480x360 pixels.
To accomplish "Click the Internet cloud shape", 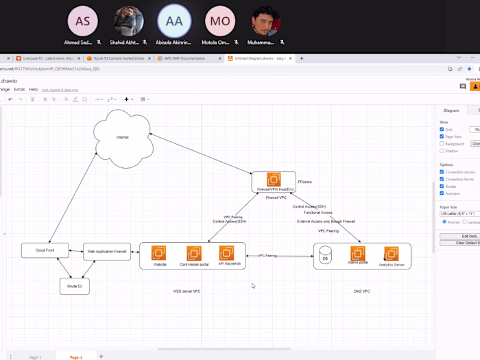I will pos(121,138).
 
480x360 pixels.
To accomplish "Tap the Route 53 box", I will pos(74,285).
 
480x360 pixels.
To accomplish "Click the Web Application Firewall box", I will pos(106,251).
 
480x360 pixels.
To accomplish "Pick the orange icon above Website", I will pos(160,253).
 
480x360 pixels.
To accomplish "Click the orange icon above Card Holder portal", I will pos(194,253).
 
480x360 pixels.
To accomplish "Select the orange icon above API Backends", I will pos(227,253).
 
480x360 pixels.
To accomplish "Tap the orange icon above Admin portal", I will pos(357,253).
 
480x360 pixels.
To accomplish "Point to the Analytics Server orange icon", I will pos(392,254).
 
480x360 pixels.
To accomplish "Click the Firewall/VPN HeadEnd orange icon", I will pos(274,180).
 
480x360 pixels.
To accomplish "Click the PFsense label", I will pos(306,182).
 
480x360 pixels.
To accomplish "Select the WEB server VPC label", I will pos(187,291).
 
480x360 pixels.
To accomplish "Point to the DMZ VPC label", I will pos(362,291).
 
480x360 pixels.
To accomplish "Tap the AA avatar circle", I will pos(174,21).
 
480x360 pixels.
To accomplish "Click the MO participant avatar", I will pos(220,21).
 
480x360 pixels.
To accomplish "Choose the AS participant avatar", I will pos(82,21).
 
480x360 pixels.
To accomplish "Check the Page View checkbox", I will pos(442,136).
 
